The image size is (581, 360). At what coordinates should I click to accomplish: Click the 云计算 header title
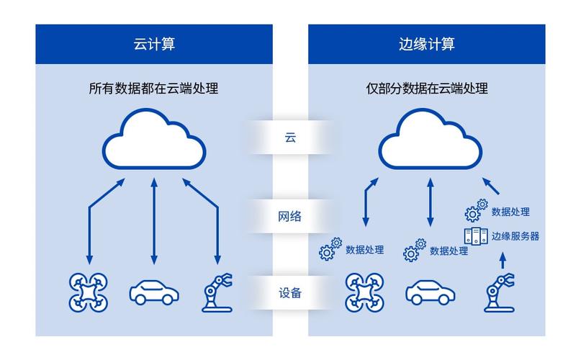point(154,44)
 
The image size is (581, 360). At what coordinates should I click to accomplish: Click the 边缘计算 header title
point(427,44)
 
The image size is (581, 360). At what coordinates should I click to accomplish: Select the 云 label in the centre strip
point(291,137)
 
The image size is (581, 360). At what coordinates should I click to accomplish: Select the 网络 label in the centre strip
point(291,215)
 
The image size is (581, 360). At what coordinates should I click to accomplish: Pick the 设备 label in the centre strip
point(291,294)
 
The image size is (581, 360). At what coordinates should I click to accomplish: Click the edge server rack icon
point(474,235)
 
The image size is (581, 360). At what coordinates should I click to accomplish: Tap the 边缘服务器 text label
point(515,235)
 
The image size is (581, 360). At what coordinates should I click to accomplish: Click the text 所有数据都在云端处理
point(154,89)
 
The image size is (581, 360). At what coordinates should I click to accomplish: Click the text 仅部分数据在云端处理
point(427,89)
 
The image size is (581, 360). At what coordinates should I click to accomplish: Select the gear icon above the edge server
point(475,211)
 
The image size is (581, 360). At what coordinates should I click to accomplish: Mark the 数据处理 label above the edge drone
point(364,251)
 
